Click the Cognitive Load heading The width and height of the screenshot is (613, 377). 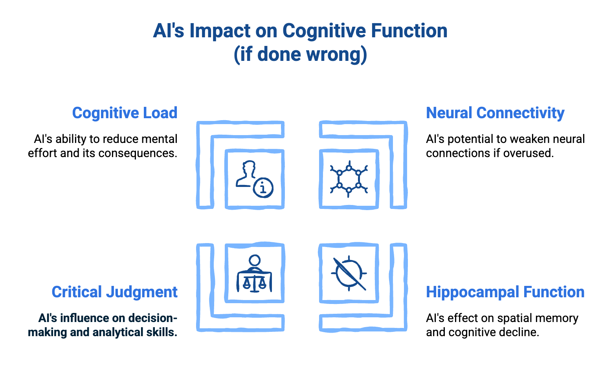coord(125,113)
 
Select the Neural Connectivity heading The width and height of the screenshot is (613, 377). coord(495,113)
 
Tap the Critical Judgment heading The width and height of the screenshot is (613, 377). coord(114,292)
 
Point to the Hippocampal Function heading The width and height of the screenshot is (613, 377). coord(505,292)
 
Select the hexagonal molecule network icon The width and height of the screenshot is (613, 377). coord(349,179)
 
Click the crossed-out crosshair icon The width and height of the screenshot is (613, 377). coord(349,274)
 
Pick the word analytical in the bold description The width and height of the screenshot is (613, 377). coord(118,332)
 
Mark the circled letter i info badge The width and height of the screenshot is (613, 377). coord(263,188)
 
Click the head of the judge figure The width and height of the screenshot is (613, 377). coord(255,260)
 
